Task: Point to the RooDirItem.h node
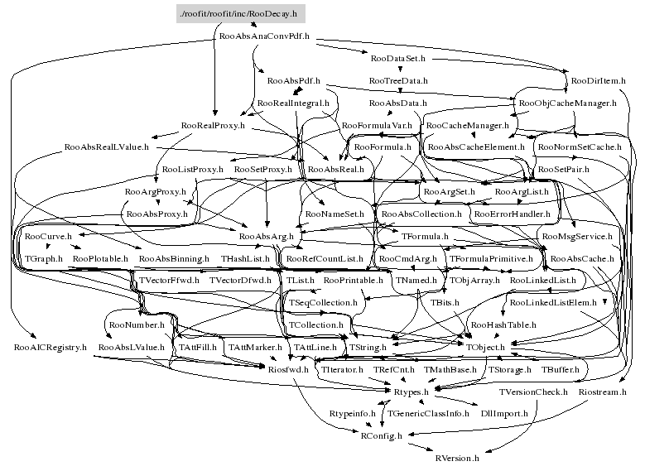point(599,81)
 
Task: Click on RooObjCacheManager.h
point(567,103)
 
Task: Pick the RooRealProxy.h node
point(213,126)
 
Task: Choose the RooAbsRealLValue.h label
point(106,147)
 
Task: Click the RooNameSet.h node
point(335,214)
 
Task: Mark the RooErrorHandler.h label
point(511,214)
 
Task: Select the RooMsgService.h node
point(576,237)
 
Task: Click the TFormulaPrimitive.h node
point(491,259)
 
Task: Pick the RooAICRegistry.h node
point(51,348)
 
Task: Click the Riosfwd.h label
point(289,370)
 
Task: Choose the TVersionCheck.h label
point(532,392)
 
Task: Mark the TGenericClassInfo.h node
point(428,412)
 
